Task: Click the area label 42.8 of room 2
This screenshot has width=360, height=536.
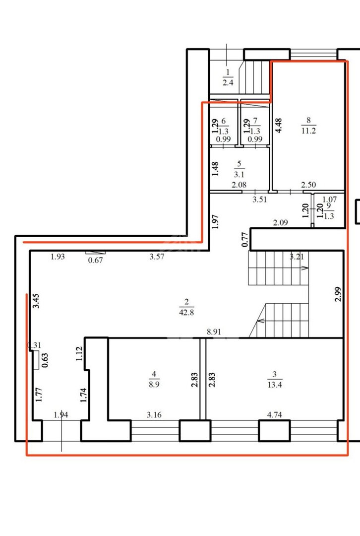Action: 186,312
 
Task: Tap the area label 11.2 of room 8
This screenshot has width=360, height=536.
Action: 308,130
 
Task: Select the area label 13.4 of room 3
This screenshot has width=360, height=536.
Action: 275,385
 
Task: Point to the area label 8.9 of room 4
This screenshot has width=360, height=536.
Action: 154,384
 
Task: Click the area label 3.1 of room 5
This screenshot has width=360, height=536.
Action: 239,174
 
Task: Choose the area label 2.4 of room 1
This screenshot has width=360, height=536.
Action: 228,82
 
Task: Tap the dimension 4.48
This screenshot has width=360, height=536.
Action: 278,125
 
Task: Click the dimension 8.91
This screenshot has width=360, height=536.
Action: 214,332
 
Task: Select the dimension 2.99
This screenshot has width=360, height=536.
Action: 338,294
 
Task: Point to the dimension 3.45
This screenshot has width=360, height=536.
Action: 36,301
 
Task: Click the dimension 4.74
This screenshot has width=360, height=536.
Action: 274,414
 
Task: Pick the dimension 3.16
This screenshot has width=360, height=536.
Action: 154,414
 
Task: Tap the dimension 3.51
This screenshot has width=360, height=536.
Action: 259,200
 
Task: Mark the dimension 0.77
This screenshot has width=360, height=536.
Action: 244,240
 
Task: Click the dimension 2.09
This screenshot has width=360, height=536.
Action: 280,222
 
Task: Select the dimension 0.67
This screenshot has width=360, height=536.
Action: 95,260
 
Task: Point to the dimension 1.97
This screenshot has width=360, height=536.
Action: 215,221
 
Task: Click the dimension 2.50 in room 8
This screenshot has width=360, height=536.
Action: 308,185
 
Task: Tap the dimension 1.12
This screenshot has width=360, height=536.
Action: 79,354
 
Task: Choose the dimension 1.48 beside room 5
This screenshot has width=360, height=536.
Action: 215,169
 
